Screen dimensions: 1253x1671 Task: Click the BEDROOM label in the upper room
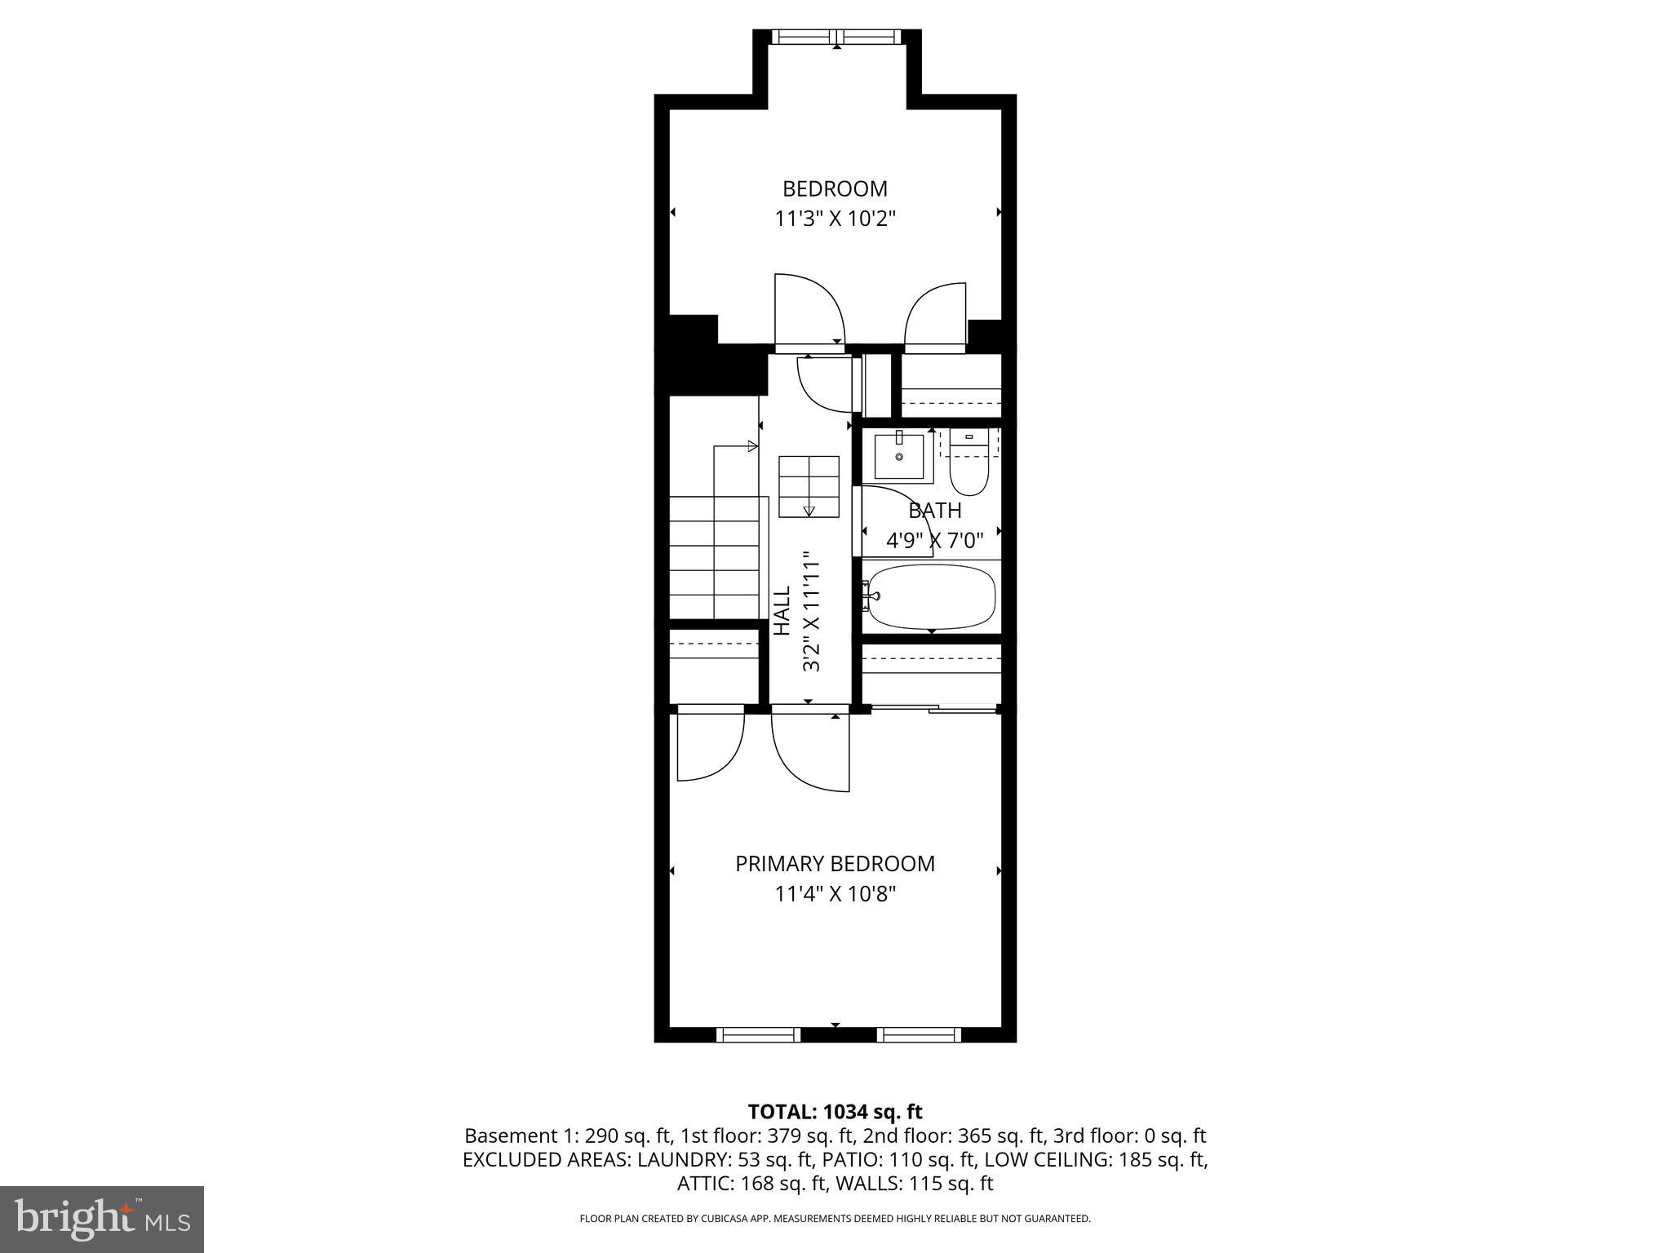(835, 188)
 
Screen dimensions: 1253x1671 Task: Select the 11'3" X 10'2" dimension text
(835, 219)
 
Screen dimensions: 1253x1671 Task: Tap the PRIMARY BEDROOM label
(835, 864)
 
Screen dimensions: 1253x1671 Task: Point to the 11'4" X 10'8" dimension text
(835, 894)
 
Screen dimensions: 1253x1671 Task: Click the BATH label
(935, 511)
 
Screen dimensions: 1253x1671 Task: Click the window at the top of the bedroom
(836, 37)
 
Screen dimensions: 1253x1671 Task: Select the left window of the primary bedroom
(758, 1035)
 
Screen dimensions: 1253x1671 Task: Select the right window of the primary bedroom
(919, 1035)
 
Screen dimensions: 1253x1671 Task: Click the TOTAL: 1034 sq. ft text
(835, 1111)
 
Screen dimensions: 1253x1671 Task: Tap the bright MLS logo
(102, 1219)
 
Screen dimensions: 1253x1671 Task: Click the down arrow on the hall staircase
(809, 511)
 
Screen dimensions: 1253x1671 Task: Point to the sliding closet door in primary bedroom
(933, 708)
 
